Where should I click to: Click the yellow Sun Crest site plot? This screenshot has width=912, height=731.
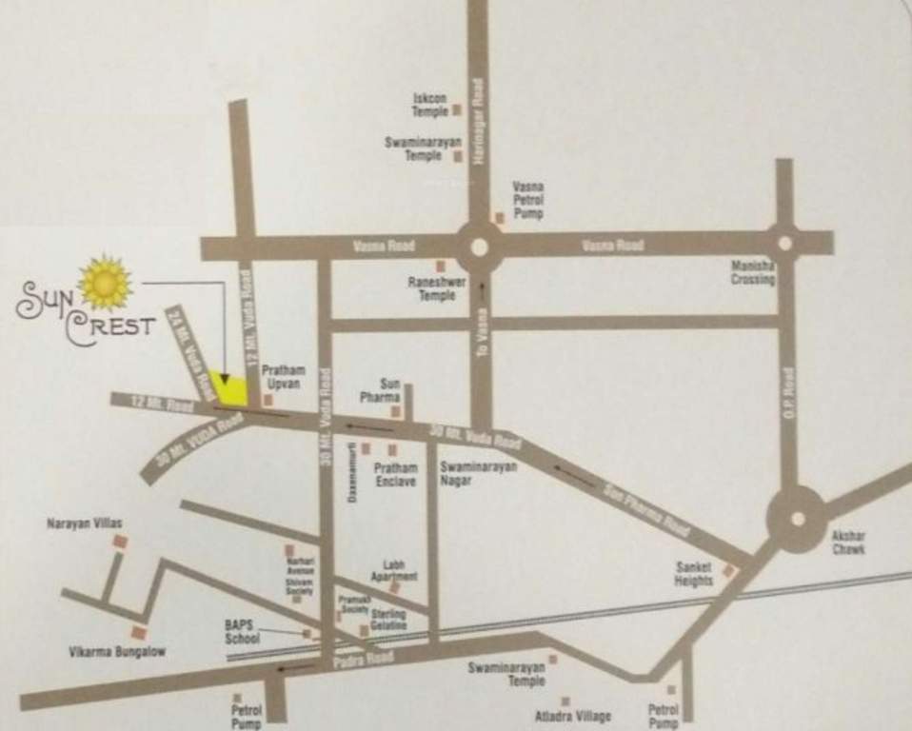(229, 388)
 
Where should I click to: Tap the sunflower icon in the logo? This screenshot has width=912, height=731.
(106, 283)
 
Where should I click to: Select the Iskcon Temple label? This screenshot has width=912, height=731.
(429, 105)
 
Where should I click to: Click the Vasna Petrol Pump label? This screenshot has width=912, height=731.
(527, 201)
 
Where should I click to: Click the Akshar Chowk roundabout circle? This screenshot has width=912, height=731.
(797, 519)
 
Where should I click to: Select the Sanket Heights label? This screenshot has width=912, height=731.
(694, 574)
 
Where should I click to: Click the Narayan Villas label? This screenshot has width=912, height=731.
(85, 524)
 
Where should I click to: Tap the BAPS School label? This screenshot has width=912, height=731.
(242, 632)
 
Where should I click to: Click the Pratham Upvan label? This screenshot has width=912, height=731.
(283, 376)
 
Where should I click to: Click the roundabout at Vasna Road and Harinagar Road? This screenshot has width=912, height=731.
(479, 247)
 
